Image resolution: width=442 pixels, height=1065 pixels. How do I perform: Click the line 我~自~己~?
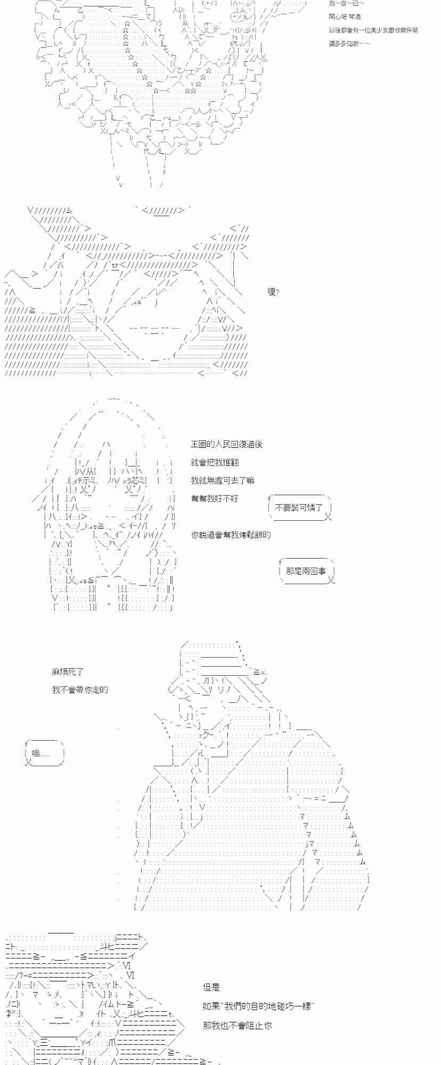(347, 4)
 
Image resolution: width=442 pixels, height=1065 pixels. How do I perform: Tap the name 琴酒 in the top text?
(354, 17)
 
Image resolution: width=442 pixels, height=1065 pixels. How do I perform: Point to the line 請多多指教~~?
(349, 43)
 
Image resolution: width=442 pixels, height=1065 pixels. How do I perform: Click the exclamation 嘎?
(274, 292)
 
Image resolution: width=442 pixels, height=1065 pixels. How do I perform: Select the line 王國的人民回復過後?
(227, 444)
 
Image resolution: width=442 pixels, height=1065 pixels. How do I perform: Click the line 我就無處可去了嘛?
(223, 480)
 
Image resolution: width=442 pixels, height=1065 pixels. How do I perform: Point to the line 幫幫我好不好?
(215, 498)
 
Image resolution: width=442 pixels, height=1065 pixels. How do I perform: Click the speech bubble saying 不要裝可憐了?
(300, 507)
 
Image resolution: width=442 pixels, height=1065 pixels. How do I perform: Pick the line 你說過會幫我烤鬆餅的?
(231, 535)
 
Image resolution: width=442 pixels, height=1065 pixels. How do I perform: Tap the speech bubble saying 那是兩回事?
(306, 571)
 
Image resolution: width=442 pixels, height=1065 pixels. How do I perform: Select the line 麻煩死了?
(68, 672)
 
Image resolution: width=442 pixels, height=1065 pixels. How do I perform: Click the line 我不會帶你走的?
(80, 690)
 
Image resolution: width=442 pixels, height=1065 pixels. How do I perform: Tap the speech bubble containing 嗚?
(44, 753)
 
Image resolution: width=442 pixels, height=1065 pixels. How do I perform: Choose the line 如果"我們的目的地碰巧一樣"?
(258, 1006)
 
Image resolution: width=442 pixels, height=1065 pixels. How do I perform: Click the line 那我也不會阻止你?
(237, 1025)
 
